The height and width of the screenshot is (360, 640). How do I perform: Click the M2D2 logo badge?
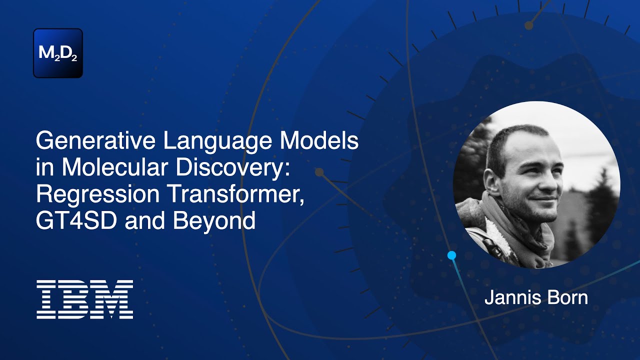58,53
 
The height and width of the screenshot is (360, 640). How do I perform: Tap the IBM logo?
84,299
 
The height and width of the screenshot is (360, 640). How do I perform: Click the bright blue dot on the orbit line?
452,255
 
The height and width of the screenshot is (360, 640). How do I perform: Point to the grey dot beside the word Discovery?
319,172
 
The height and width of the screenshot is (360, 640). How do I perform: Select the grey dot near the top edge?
528,25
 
